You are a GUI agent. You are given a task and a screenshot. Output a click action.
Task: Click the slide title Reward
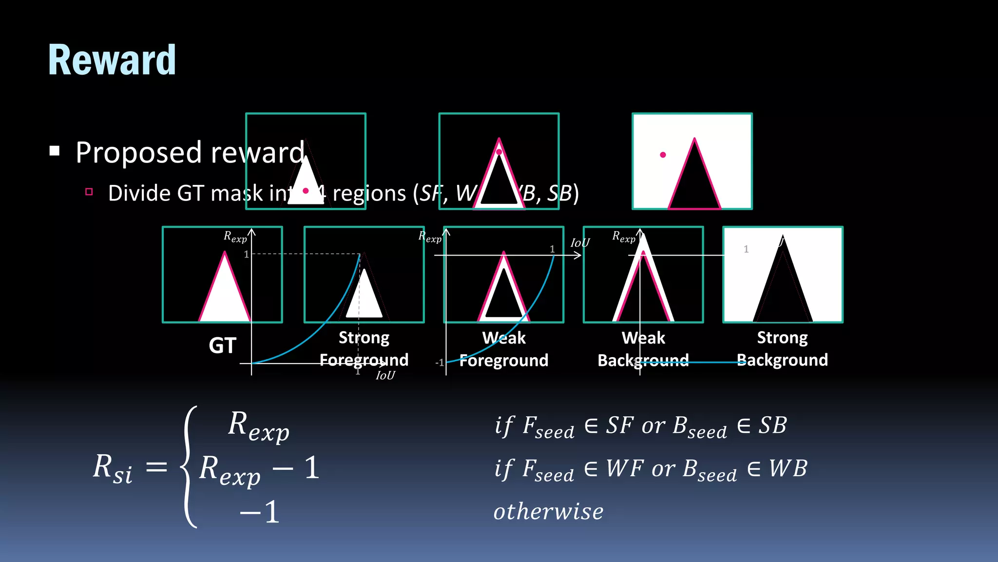pos(112,60)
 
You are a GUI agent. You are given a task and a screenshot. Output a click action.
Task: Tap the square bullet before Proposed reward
pos(55,151)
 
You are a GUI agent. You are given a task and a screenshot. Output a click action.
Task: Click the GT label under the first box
pos(223,345)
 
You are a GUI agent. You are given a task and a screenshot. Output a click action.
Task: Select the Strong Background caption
pos(782,349)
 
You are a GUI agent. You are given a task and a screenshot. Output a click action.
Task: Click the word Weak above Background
pos(643,338)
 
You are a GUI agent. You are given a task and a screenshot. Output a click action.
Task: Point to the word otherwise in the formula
pos(548,511)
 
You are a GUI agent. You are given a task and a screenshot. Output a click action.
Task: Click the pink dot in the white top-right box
pos(663,155)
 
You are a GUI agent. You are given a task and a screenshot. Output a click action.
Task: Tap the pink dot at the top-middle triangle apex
pos(499,152)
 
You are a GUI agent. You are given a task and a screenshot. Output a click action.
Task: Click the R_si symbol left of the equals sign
pos(112,468)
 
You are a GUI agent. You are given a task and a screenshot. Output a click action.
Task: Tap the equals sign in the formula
pos(157,467)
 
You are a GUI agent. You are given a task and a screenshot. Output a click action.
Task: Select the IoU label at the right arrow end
pos(580,243)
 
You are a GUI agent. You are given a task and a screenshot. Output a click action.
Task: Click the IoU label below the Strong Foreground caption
pos(385,375)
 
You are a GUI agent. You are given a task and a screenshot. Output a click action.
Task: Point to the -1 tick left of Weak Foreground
pos(440,362)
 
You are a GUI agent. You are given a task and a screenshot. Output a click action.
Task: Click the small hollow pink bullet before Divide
pos(89,192)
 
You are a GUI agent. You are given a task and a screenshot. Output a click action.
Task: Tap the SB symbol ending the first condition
pos(772,425)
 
